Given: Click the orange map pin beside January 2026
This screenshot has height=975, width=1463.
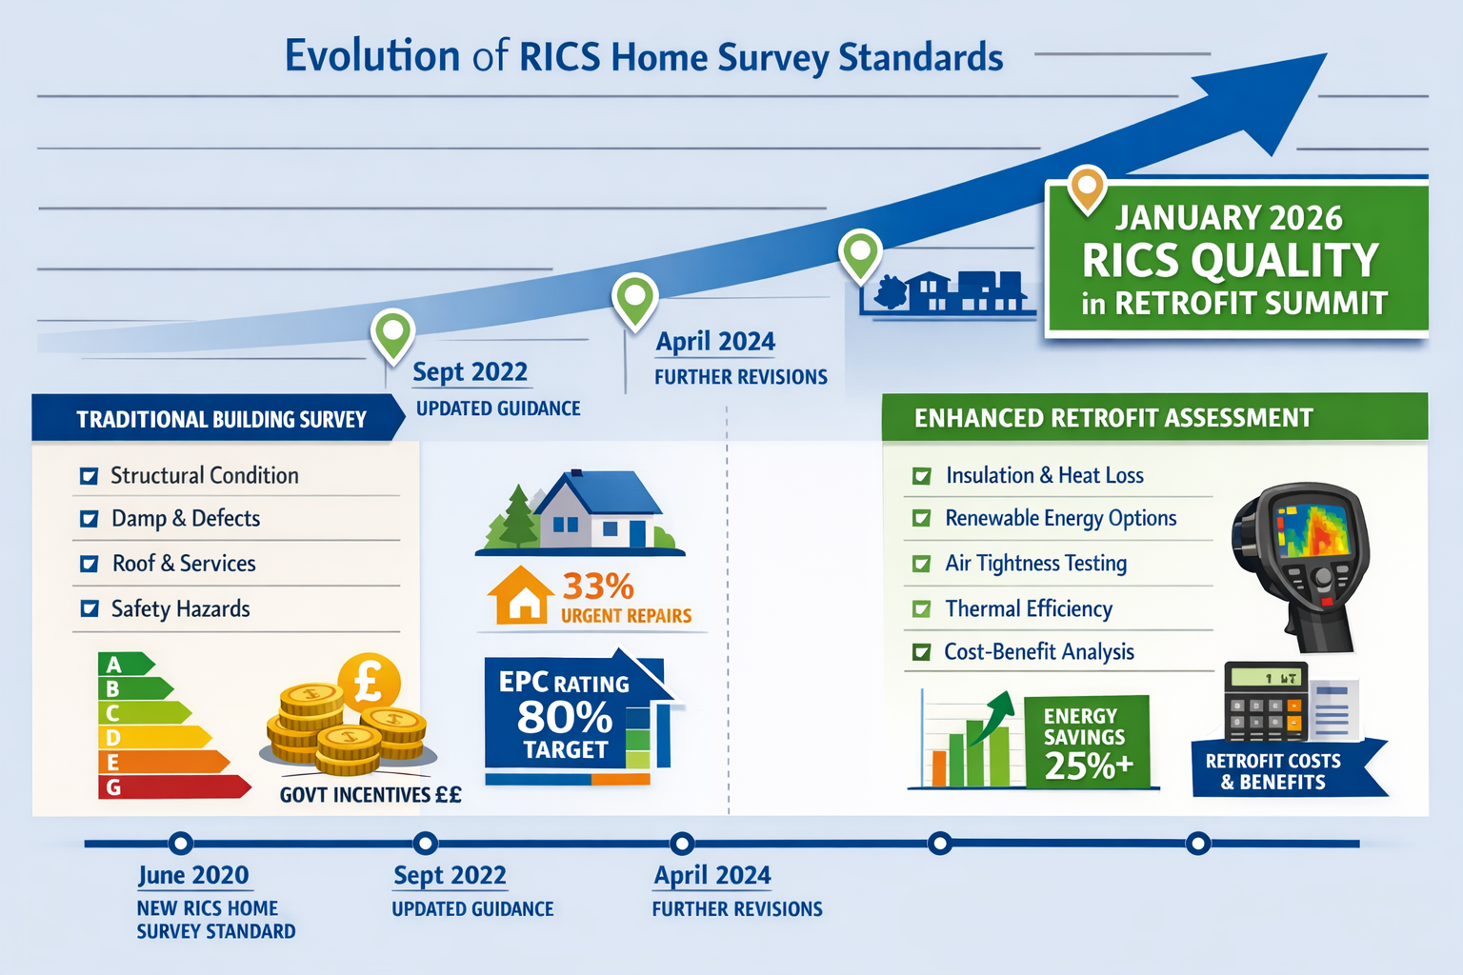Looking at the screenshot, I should click(1087, 187).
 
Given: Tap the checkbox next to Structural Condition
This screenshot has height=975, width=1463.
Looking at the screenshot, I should click(89, 475).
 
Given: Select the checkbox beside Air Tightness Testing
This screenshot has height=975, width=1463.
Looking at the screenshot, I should click(921, 564).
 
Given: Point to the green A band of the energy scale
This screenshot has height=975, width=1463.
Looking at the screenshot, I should click(124, 664).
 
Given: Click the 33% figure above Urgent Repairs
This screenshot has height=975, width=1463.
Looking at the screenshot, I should click(597, 586).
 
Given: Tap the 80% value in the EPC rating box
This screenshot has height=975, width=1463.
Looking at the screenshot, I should click(564, 718).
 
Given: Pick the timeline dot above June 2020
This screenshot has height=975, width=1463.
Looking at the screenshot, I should click(180, 843).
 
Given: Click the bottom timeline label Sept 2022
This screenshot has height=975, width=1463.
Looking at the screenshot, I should click(450, 875).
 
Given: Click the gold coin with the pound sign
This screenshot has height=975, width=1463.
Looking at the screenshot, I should click(369, 682).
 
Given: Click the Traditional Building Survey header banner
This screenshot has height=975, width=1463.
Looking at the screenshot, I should click(220, 419).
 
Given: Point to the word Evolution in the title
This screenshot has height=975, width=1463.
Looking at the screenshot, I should click(371, 56).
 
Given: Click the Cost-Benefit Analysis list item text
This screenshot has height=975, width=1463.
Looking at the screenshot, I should click(1038, 652).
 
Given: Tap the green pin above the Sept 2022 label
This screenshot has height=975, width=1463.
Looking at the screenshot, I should click(392, 333).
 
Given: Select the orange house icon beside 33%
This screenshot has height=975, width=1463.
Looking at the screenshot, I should click(520, 596).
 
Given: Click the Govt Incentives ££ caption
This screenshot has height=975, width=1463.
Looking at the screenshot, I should click(370, 795).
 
